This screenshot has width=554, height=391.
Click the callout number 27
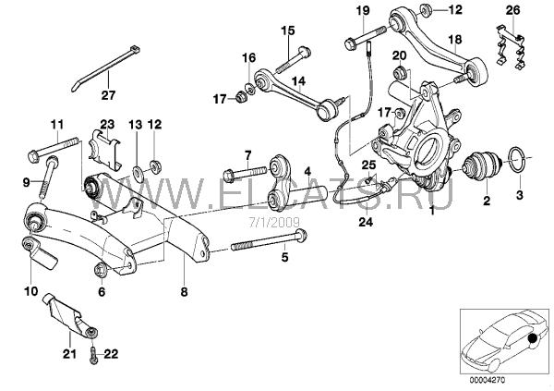click(109, 94)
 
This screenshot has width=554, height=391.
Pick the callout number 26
click(513, 10)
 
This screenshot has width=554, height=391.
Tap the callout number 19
click(361, 10)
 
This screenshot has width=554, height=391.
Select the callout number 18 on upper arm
click(453, 39)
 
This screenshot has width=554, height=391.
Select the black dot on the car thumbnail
click(533, 341)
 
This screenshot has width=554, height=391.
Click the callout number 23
click(106, 123)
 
